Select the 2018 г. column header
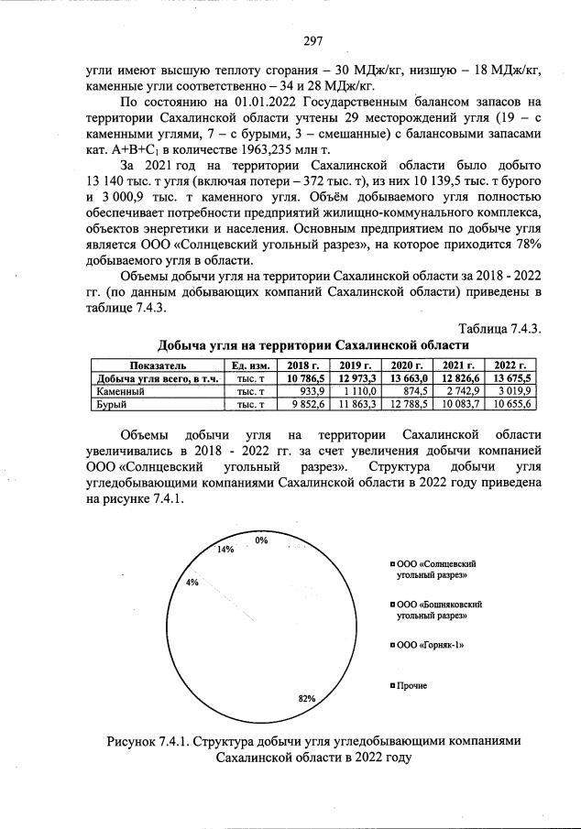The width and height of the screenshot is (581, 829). tap(305, 365)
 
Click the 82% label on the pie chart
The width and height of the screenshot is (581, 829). tap(307, 698)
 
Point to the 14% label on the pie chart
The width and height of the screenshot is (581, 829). tap(225, 550)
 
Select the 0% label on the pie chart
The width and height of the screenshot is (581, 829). tap(262, 540)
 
